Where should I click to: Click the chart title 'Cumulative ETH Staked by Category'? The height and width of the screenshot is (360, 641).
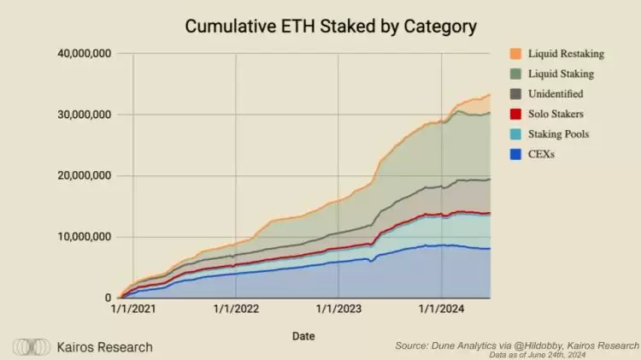coord(331,27)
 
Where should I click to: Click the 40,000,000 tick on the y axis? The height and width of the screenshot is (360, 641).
coord(84,53)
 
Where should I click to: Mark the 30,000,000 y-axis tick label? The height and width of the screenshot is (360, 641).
coord(84,115)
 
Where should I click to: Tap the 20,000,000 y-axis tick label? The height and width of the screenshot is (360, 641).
coord(84,176)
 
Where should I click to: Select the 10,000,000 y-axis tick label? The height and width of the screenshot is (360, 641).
coord(84,237)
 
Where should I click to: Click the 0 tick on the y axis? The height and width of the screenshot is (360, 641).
coord(109,298)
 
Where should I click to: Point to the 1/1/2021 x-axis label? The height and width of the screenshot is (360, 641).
coord(132,310)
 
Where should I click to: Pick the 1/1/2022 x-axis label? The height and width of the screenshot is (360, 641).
coord(236,310)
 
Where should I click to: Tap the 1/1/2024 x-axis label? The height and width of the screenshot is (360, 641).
coord(441,310)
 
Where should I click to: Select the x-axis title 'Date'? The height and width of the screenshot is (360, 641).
coord(303,336)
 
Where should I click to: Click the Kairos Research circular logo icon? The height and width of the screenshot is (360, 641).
coord(32,347)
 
